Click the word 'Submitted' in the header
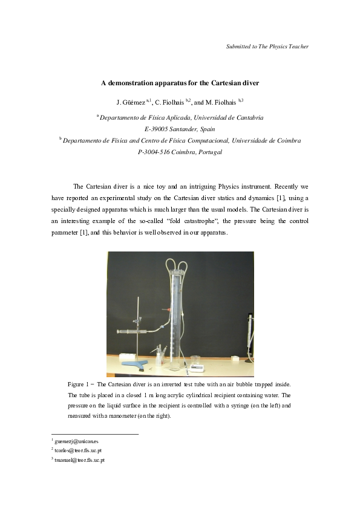coord(238,47)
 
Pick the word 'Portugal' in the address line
coord(209,152)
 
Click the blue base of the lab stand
coord(134,365)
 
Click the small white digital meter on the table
coord(195,366)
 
